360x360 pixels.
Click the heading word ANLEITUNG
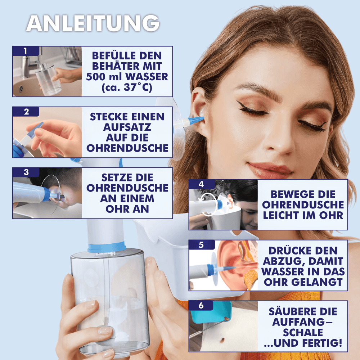click(x=93, y=23)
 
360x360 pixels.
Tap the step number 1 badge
click(x=26, y=51)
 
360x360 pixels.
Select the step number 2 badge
click(x=26, y=112)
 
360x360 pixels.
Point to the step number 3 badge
click(x=26, y=172)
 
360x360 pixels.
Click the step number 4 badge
click(x=202, y=184)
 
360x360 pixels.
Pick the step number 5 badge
click(x=202, y=245)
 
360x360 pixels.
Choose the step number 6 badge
click(x=201, y=306)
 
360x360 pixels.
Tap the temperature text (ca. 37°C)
click(x=127, y=87)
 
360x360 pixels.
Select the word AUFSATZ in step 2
click(x=127, y=127)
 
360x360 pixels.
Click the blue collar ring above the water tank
click(x=107, y=247)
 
